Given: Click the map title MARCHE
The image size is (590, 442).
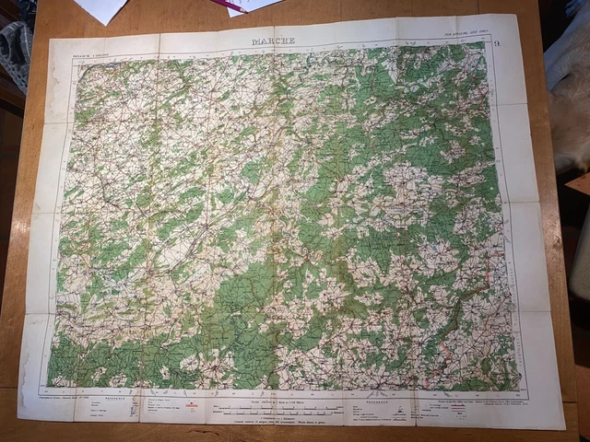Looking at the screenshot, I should [x=274, y=41].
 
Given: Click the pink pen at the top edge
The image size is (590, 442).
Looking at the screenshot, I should [x=227, y=6].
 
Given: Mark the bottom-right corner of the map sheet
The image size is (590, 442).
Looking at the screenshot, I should [x=564, y=428].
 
